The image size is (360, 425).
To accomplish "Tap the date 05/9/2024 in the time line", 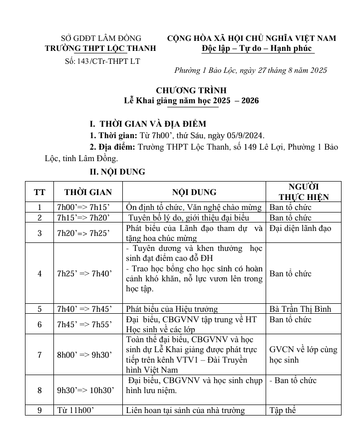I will click(245, 136).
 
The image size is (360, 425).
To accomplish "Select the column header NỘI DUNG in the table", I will click(194, 192).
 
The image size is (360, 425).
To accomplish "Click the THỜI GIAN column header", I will click(88, 192).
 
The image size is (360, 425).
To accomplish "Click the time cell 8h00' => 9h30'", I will click(85, 355).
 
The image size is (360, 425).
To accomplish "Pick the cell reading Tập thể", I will click(283, 411).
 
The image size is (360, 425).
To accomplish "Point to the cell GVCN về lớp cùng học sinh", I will click(303, 355).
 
